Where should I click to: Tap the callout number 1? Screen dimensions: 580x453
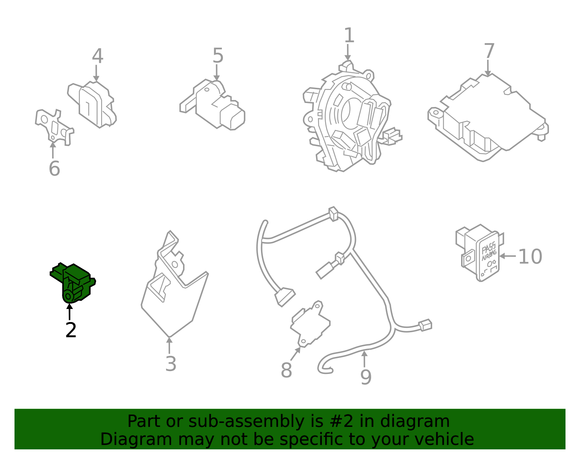(x=349, y=35)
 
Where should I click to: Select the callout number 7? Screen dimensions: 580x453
(x=489, y=51)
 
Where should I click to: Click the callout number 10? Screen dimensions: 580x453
(x=530, y=256)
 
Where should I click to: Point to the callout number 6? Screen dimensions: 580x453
(x=54, y=168)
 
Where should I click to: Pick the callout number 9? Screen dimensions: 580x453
(x=366, y=378)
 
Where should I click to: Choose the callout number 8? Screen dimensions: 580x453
(x=286, y=370)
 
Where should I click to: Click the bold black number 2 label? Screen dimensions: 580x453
(x=71, y=330)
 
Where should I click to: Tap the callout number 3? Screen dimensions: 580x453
(x=171, y=363)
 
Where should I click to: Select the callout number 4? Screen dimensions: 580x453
(x=98, y=56)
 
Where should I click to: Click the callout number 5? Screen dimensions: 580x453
(x=218, y=55)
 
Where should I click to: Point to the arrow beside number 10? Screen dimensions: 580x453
(x=507, y=256)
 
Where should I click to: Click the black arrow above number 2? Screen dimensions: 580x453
(x=69, y=312)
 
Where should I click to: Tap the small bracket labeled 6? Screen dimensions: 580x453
(x=54, y=127)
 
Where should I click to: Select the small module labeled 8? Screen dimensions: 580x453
(x=310, y=324)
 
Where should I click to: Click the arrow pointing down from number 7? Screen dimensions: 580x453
(x=488, y=68)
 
